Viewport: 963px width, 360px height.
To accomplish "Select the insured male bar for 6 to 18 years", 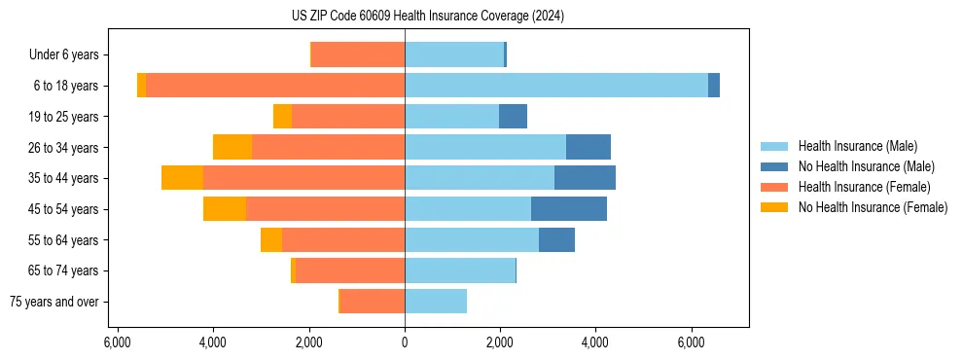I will [555, 86].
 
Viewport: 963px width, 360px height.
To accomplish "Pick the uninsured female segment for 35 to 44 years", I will [182, 178].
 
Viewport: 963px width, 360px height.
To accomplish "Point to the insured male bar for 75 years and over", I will [436, 302].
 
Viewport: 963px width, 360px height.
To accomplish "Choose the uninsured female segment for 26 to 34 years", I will [232, 147].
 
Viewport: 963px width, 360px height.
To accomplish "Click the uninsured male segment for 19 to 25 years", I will [513, 117].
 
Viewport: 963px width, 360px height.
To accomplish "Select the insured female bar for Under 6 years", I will [358, 54].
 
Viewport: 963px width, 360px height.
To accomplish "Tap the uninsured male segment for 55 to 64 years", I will [556, 239].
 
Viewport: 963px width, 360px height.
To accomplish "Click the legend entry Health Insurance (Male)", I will [857, 146].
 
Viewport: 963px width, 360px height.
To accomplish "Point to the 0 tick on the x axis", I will [405, 342].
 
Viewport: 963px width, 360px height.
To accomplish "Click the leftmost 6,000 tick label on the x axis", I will [117, 342].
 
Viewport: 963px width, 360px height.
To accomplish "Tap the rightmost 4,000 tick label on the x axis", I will [595, 342].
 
